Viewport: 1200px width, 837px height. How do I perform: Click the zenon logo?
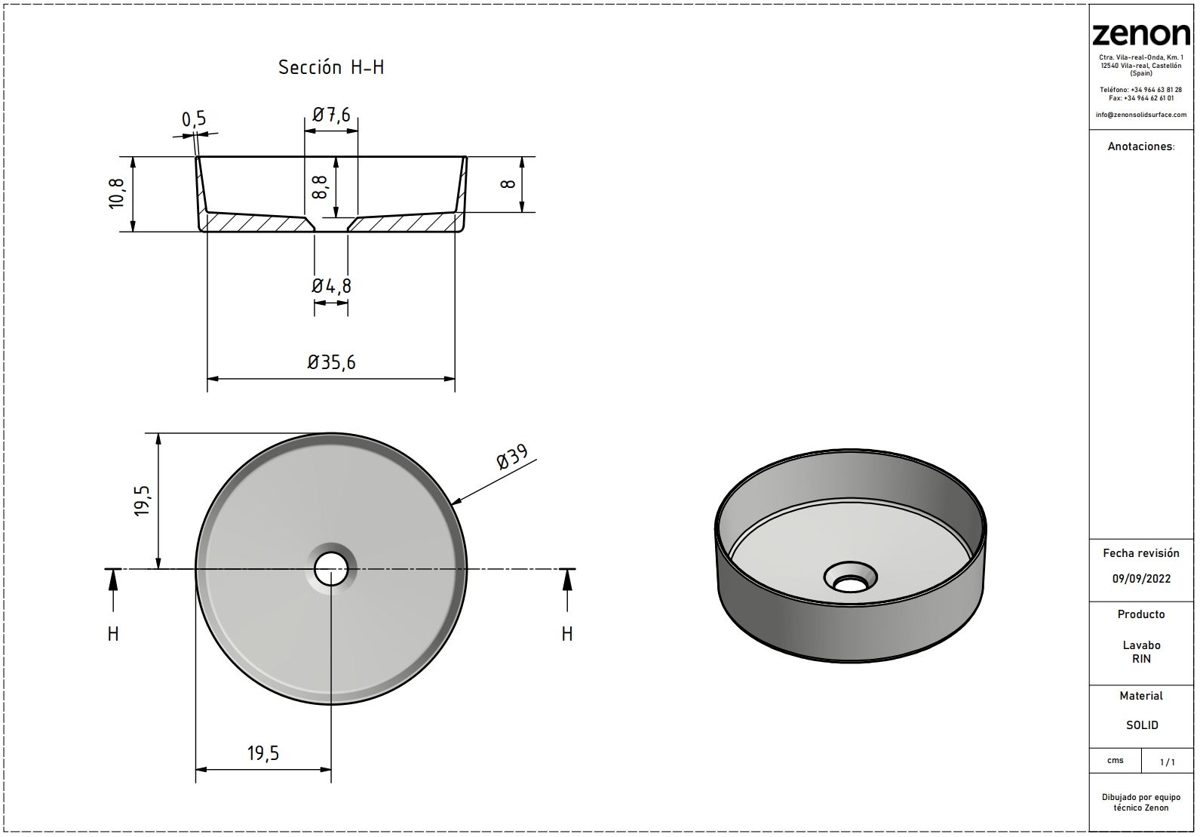[x=1141, y=35]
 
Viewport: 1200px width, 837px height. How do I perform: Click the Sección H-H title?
[x=331, y=67]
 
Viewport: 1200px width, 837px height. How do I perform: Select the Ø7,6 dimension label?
[x=331, y=115]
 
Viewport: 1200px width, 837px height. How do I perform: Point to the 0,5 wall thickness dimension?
[x=194, y=119]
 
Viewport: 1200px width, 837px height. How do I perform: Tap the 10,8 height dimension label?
[x=116, y=193]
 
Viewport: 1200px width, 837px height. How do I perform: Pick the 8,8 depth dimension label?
[x=319, y=187]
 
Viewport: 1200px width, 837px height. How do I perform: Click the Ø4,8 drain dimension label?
[x=332, y=286]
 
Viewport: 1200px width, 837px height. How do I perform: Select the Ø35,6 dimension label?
[x=331, y=362]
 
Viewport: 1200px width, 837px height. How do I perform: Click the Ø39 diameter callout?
[x=512, y=457]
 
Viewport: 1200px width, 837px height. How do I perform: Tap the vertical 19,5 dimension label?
[x=143, y=501]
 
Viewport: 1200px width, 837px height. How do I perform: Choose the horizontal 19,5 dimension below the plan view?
[x=263, y=753]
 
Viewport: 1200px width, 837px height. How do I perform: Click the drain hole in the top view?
[x=331, y=569]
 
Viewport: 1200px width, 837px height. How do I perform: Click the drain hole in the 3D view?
[x=850, y=583]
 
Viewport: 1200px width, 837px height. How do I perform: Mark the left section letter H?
[x=113, y=634]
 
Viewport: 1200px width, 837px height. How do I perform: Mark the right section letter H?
[x=567, y=634]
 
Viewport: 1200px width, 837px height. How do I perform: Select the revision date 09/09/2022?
[x=1142, y=579]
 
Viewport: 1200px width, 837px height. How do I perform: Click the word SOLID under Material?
[x=1142, y=725]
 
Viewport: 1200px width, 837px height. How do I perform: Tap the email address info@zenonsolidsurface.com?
[x=1141, y=115]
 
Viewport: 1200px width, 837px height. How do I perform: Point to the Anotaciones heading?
[x=1141, y=146]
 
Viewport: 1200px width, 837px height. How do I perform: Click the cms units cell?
[x=1116, y=760]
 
